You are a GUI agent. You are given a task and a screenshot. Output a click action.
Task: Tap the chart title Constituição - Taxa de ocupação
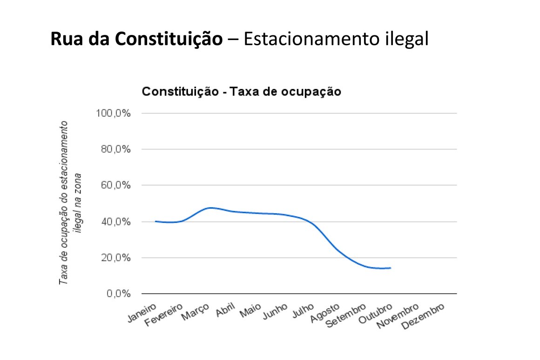tap(242, 92)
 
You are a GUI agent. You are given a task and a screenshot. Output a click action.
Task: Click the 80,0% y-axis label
tap(115, 149)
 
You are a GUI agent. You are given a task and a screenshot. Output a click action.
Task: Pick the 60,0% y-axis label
tap(115, 185)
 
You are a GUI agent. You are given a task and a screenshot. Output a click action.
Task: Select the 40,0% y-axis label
tap(115, 222)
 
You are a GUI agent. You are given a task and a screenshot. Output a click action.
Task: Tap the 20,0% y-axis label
tap(115, 258)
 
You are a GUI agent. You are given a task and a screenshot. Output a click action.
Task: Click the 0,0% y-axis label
tap(117, 294)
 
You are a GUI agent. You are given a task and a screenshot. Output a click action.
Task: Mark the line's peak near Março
tap(211, 208)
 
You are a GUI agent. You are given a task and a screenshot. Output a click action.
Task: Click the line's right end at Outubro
tap(390, 268)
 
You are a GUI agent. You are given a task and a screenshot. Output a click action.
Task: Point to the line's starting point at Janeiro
tap(155, 221)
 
